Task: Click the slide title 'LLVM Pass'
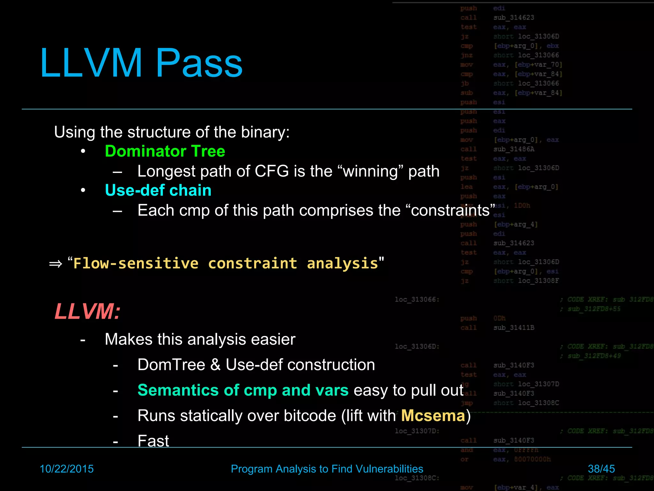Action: point(141,63)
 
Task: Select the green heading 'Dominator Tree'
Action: point(165,151)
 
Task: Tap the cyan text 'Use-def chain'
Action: point(158,191)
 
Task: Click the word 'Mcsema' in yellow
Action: point(433,416)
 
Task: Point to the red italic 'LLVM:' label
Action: point(87,311)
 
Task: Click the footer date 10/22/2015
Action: point(66,469)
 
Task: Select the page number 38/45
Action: point(601,469)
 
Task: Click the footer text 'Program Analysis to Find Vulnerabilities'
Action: point(327,469)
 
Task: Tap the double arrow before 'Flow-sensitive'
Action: point(56,264)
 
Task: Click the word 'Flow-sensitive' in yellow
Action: point(136,264)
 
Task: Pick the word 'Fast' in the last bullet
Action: point(153,441)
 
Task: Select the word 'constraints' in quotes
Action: point(451,211)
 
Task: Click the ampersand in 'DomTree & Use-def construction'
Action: point(216,365)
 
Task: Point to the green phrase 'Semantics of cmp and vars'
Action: point(243,390)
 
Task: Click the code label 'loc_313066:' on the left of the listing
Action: point(417,300)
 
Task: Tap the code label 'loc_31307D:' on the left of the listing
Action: point(417,431)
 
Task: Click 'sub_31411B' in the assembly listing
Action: point(514,328)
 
